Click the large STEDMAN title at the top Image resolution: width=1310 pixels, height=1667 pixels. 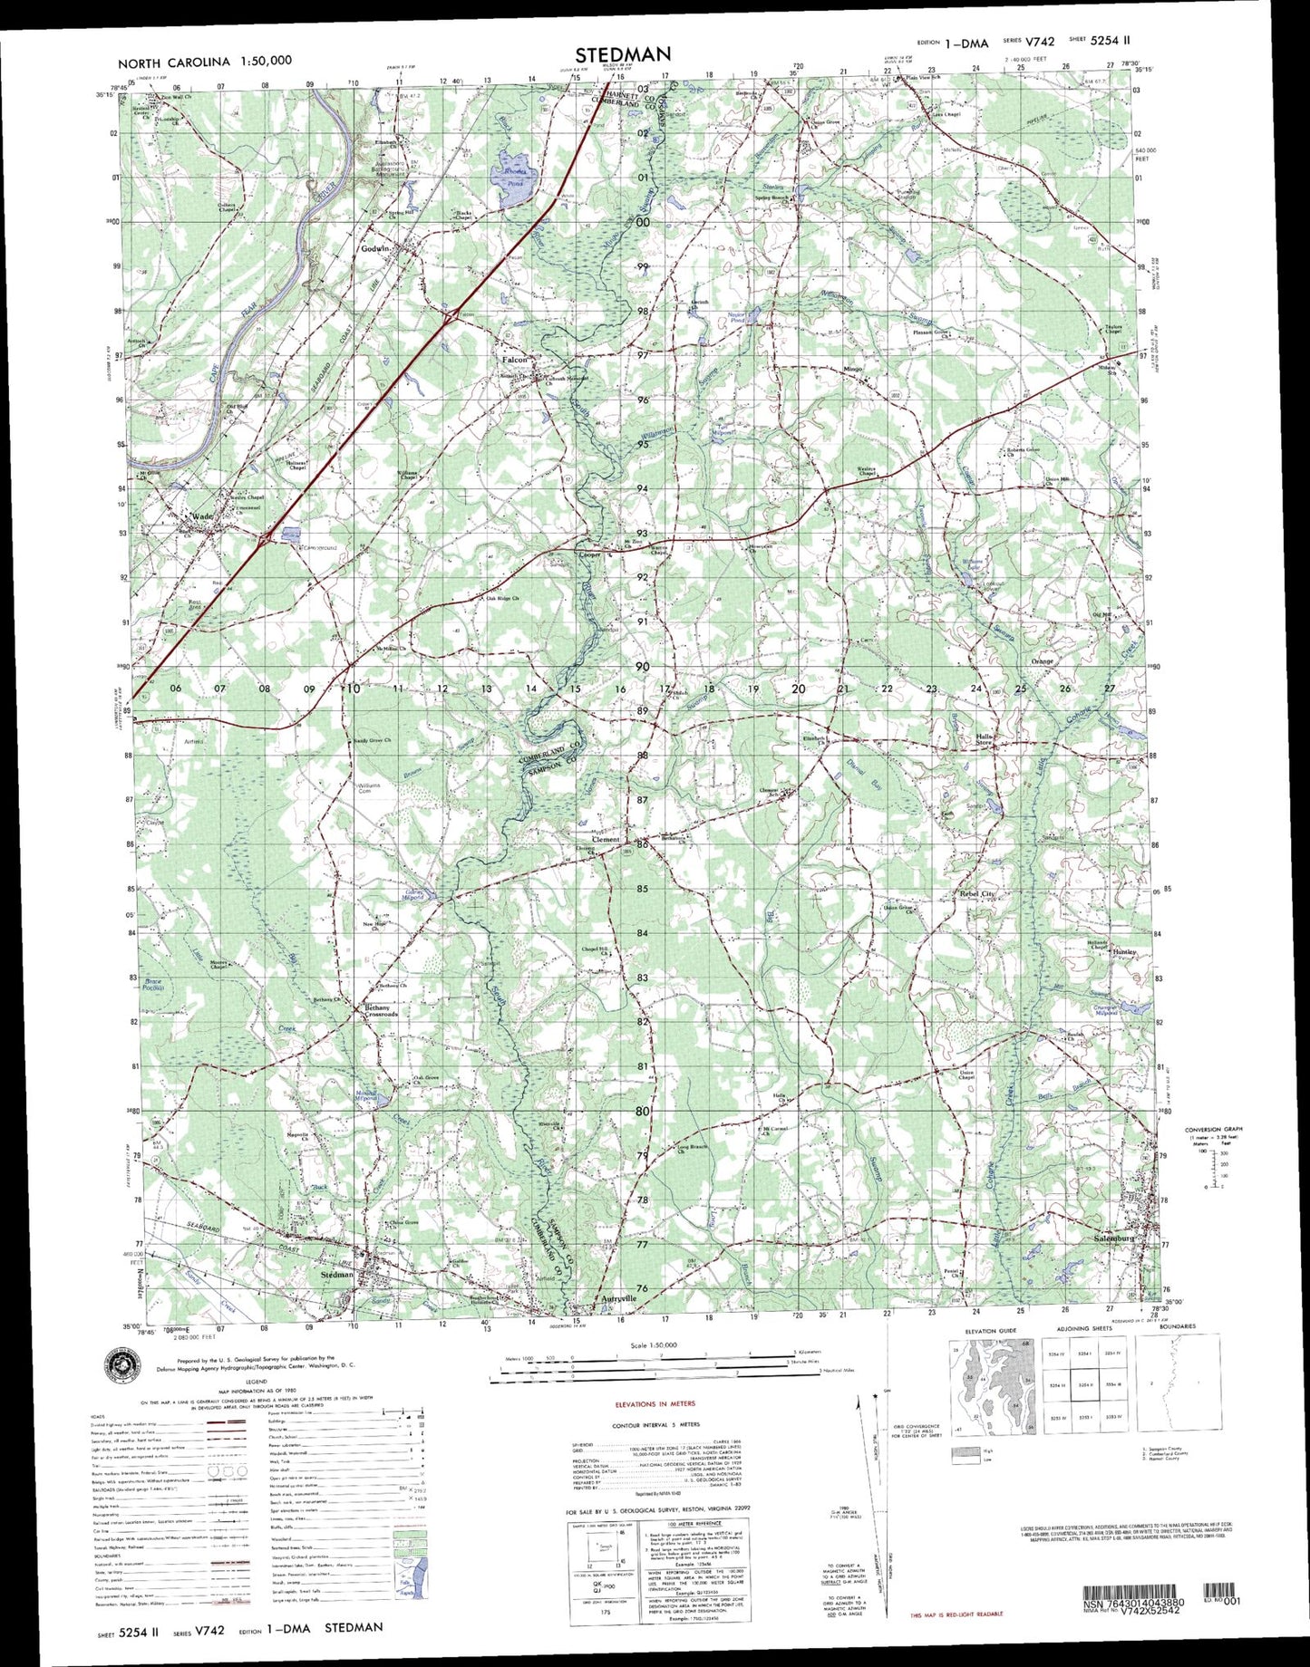[x=623, y=54]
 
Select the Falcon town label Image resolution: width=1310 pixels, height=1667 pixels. [x=515, y=360]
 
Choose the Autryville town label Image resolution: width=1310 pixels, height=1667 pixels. [x=619, y=1298]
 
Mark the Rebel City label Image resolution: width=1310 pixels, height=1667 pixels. [x=977, y=894]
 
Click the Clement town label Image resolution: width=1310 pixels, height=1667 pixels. [x=606, y=840]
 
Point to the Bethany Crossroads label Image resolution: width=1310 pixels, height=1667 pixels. [x=381, y=1011]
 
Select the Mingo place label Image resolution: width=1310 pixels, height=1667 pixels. [x=852, y=370]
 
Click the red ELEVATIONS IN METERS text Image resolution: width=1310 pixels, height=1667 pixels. [x=655, y=1403]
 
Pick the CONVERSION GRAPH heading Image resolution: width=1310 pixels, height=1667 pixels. [x=1213, y=1129]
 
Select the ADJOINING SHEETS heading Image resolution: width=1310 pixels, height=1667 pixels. [x=1083, y=1327]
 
